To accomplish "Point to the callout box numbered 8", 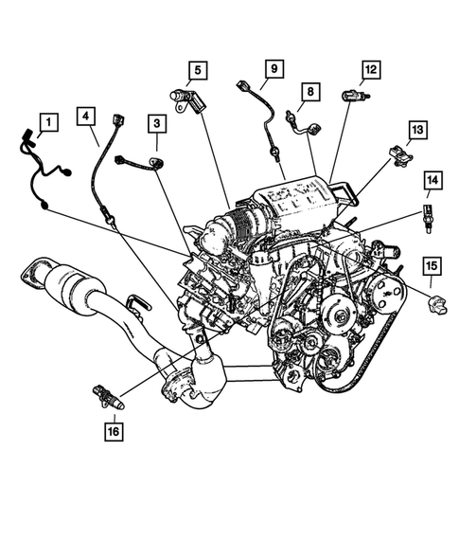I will [309, 92].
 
